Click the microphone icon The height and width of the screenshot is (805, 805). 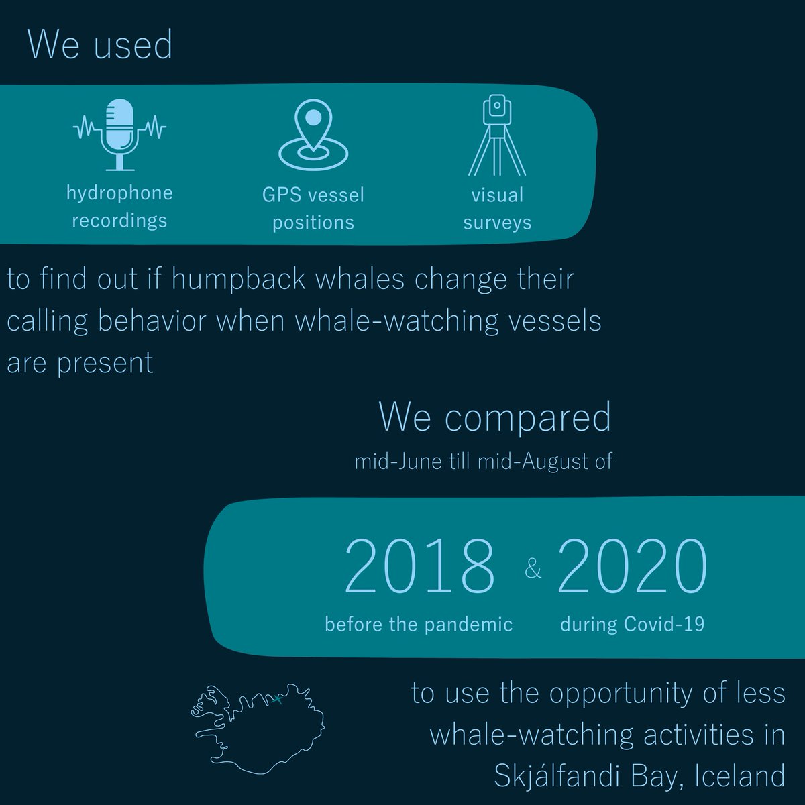coord(119,133)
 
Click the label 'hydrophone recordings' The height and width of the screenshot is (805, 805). coord(119,207)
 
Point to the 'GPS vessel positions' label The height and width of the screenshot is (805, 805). coord(313,209)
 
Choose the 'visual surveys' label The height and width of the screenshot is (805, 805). coord(497,209)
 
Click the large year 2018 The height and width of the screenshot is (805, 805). coord(419,567)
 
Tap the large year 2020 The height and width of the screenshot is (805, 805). coord(632,567)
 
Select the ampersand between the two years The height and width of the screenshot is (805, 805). coord(533,570)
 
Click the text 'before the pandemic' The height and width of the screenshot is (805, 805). coord(419,625)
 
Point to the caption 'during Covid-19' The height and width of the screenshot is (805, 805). coord(632,625)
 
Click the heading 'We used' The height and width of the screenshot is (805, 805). coord(100,45)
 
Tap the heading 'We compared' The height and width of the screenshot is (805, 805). coord(495,417)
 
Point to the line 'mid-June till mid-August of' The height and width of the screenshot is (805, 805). coord(483,462)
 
